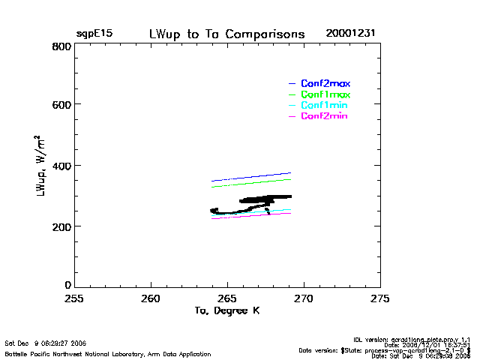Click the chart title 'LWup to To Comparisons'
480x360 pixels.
coord(227,34)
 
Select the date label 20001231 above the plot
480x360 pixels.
coord(350,34)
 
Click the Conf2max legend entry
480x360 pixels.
coord(325,83)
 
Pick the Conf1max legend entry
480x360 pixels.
coord(325,94)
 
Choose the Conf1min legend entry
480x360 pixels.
coord(325,106)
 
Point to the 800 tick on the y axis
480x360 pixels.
coord(61,46)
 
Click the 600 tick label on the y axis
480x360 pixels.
coord(61,105)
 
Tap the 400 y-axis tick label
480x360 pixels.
coord(61,166)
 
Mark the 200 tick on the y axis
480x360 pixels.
coord(61,226)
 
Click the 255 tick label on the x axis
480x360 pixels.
coord(74,299)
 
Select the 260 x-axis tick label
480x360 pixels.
coord(151,299)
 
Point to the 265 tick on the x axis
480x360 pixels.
coord(227,299)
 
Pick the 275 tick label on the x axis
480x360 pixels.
coord(379,299)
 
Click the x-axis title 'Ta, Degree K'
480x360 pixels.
coord(226,310)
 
